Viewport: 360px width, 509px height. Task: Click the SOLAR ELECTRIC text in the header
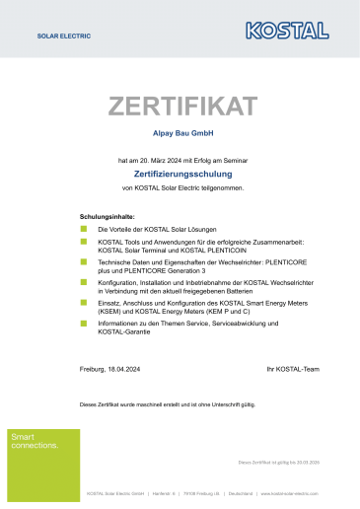[63, 35]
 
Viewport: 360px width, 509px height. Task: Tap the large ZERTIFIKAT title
[182, 106]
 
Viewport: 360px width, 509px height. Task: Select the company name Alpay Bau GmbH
[180, 132]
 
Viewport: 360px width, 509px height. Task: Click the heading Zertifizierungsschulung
[180, 173]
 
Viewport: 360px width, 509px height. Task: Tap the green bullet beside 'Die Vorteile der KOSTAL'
[84, 228]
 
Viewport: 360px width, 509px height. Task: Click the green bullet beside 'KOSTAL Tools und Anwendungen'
[84, 241]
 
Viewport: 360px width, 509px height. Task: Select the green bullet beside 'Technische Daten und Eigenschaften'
[84, 260]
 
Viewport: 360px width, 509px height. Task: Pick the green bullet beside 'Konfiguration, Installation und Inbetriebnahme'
[84, 281]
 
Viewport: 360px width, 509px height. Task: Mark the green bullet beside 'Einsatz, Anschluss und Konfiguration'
[84, 302]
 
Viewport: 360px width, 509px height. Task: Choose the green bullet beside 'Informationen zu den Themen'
[84, 323]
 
